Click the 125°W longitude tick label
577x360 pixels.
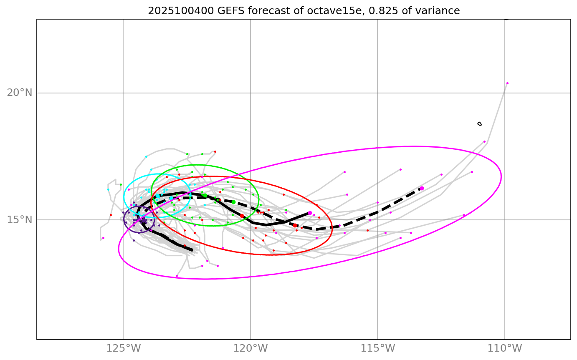[123, 348]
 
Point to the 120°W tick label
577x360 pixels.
[251, 348]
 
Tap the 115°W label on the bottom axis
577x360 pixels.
[377, 348]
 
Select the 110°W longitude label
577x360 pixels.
[505, 348]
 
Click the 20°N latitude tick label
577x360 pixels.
[20, 93]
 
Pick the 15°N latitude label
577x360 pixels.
[20, 219]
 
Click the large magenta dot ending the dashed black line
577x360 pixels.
[422, 189]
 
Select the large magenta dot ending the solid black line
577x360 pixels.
[310, 213]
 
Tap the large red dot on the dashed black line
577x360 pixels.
[295, 225]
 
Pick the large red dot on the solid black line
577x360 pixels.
[242, 216]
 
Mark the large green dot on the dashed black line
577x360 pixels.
[233, 202]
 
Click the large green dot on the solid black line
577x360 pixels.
[205, 195]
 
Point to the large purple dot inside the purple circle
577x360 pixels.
[144, 221]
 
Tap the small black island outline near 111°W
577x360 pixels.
[479, 123]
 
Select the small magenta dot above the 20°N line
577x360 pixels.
[507, 83]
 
